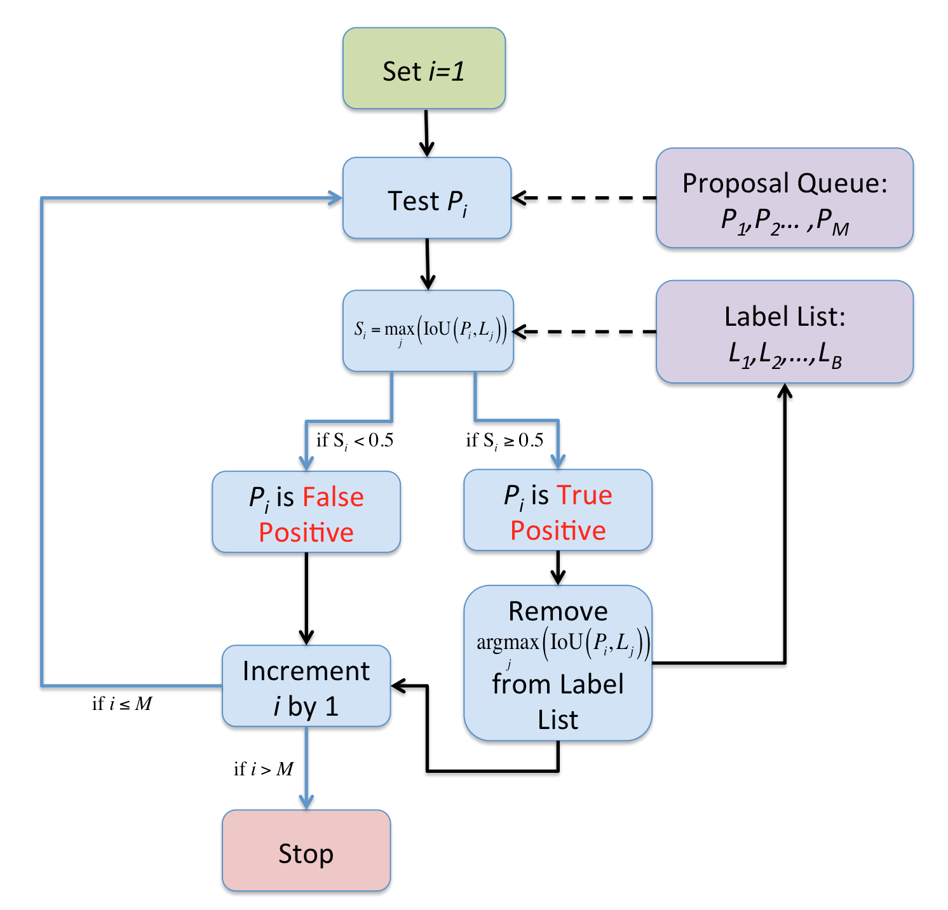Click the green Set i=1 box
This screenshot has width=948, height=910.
424,69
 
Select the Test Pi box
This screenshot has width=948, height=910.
427,199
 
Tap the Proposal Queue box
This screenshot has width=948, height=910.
784,198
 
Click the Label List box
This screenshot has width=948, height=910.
784,332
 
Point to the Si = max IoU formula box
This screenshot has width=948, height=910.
428,331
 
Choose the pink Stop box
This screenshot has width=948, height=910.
306,850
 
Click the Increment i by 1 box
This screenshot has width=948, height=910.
306,686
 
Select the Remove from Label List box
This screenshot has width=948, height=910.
557,664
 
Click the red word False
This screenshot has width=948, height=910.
333,497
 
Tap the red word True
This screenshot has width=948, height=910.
584,495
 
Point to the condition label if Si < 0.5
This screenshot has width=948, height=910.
355,441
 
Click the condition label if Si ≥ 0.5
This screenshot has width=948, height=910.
504,441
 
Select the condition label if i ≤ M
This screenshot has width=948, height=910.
122,704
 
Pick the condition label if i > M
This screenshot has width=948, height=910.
263,770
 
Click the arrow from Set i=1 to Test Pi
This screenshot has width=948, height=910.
426,133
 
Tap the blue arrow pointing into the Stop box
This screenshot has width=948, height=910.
306,768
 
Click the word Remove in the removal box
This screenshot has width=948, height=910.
557,612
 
